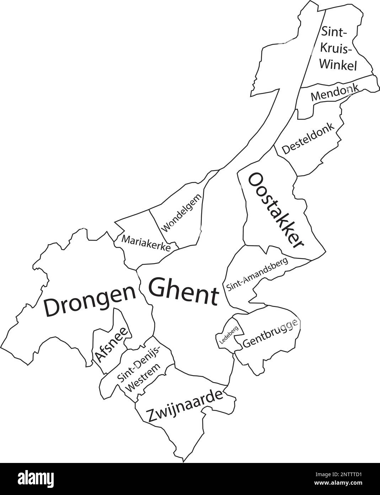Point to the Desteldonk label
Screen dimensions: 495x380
(308, 139)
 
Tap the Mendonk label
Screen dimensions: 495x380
(334, 93)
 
